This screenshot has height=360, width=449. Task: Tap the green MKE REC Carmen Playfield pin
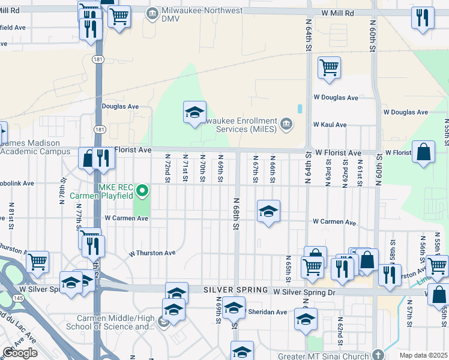pos(142,192)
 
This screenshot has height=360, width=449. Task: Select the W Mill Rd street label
pos(338,13)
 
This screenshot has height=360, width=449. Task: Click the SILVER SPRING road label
pos(235,290)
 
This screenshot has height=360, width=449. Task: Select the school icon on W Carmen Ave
pos(269,211)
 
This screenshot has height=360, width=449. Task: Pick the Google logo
pos(20,353)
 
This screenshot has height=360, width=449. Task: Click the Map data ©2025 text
pos(424,355)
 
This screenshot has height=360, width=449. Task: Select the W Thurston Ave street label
pos(152,253)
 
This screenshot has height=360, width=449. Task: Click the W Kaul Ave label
pos(330,125)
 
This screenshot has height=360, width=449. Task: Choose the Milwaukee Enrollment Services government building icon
pos(286,124)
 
